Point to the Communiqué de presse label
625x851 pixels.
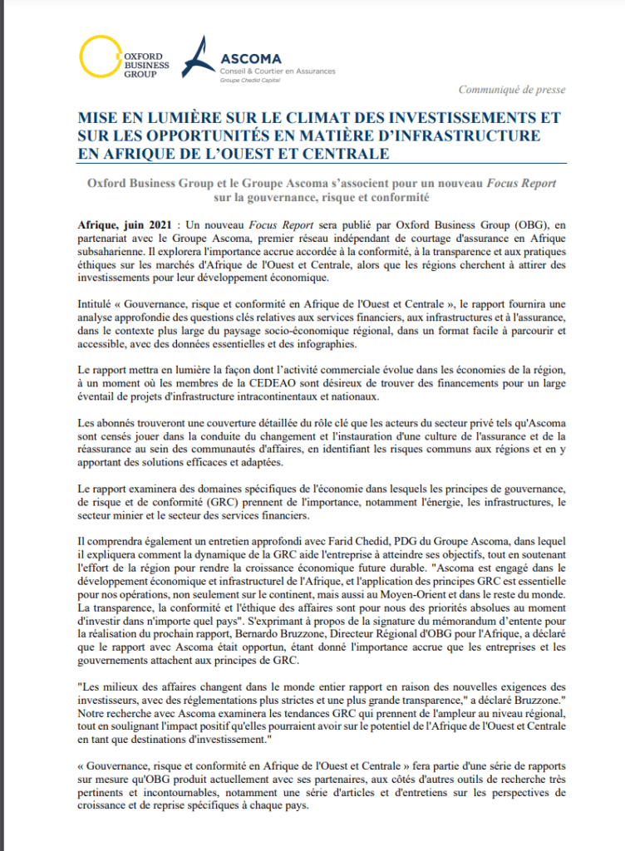point(512,90)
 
